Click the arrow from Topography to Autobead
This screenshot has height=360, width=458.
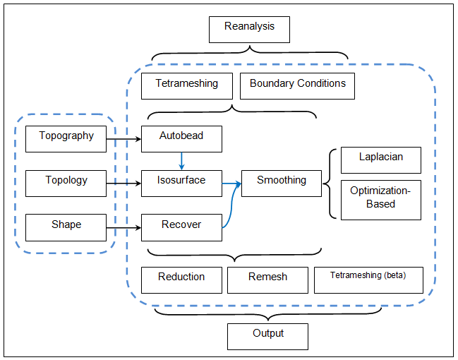pyautogui.click(x=123, y=139)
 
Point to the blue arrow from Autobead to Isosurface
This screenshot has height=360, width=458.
pyautogui.click(x=181, y=161)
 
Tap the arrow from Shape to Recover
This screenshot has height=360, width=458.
pyautogui.click(x=123, y=228)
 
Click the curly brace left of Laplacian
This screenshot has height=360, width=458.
pyautogui.click(x=328, y=184)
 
